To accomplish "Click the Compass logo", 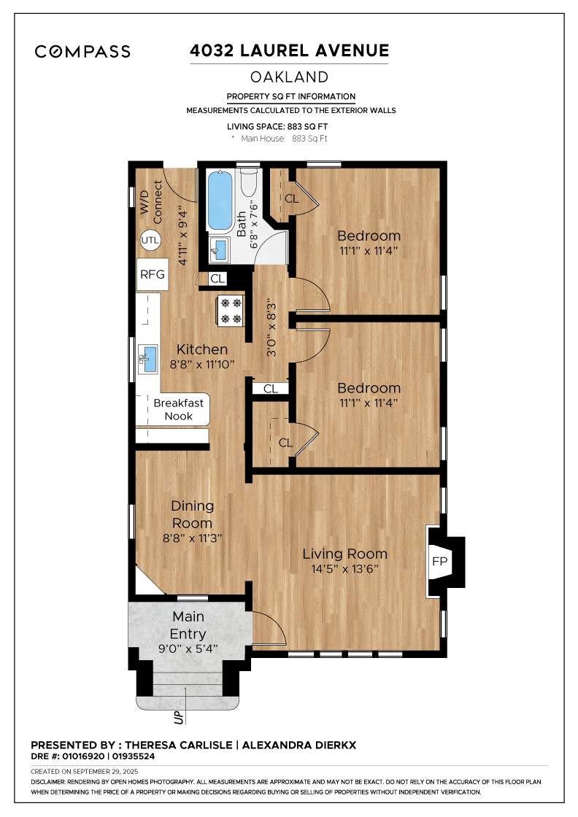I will (82, 51).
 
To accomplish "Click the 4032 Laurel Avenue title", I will (289, 50).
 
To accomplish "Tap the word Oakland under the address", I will (289, 77).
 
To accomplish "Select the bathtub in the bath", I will (219, 200).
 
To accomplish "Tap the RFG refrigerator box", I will (152, 275).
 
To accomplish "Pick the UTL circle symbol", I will (150, 240).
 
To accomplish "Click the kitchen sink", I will (149, 359).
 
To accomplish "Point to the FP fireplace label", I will (439, 561).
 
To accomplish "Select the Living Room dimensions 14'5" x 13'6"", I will (345, 569).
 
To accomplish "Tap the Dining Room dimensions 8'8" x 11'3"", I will (192, 537).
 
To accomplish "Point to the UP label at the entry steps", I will (178, 718).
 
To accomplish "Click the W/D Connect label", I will (151, 203).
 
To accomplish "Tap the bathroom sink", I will (220, 250).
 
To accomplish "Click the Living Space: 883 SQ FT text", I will (273, 126).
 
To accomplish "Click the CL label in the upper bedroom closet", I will (291, 198).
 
